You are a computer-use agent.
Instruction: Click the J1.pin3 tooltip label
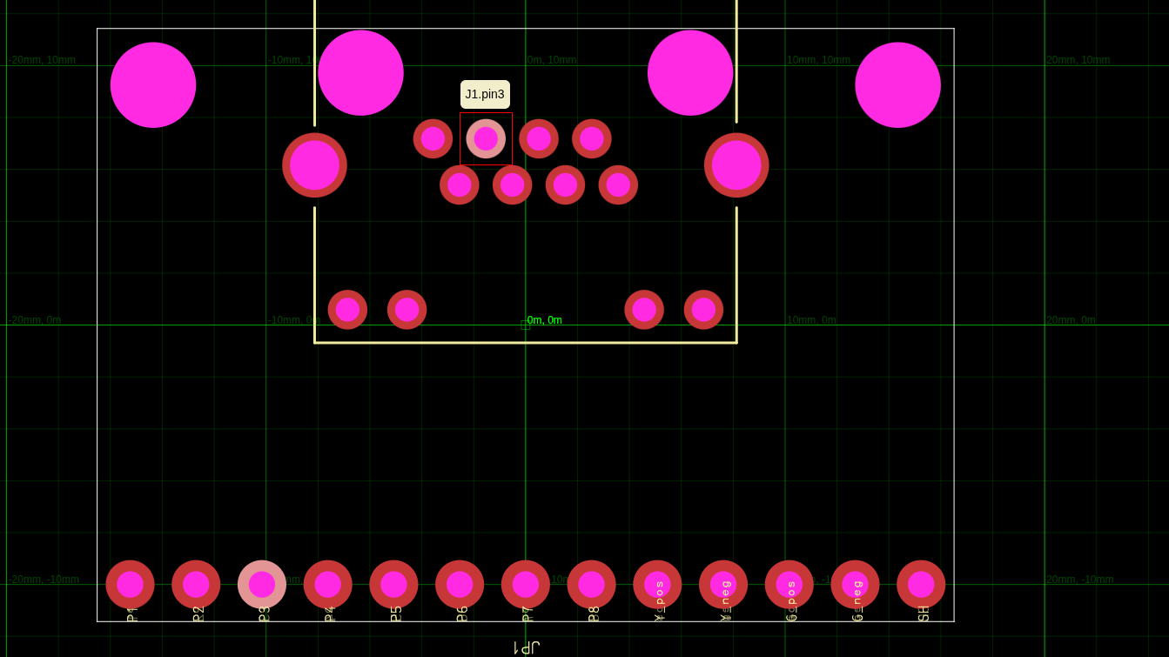pos(485,94)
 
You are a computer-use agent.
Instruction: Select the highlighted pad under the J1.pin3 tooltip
pos(486,138)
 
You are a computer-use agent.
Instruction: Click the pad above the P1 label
pos(130,584)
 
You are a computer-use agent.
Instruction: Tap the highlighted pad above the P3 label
pos(262,584)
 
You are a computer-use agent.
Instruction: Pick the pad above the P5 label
pos(393,584)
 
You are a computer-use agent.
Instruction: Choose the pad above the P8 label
pos(591,584)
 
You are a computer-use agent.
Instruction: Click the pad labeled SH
pos(921,584)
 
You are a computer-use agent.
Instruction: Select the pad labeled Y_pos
pos(657,584)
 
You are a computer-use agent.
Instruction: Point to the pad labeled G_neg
pos(855,584)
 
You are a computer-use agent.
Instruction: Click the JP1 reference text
pos(527,647)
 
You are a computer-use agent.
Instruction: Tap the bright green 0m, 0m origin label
pos(544,320)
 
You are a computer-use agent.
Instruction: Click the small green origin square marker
pos(525,325)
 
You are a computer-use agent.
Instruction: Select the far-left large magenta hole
pos(153,85)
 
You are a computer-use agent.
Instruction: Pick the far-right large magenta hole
pos(897,85)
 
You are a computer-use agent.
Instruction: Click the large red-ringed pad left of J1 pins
pos(314,165)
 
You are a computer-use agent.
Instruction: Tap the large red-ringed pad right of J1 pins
pos(736,165)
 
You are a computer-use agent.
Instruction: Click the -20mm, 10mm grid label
pos(43,60)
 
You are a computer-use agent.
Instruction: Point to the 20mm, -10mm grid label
pos(1079,580)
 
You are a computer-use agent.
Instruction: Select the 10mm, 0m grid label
pos(810,320)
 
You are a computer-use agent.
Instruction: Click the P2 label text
pos(198,613)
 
